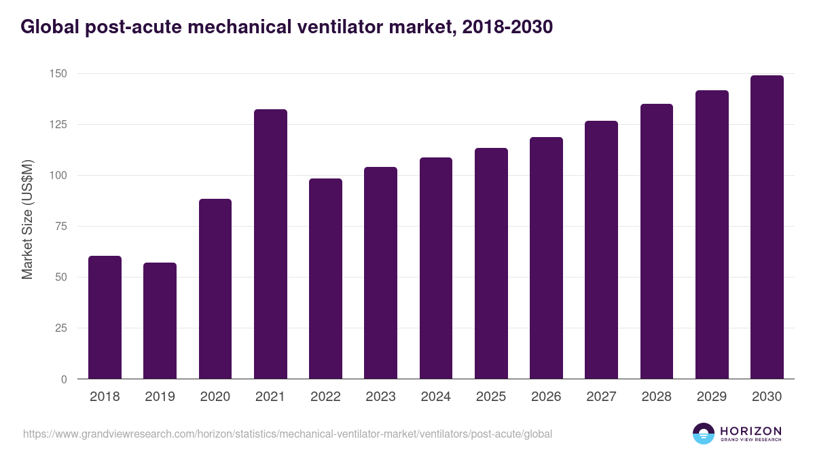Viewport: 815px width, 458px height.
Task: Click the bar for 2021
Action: point(270,244)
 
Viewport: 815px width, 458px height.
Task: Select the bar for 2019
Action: point(160,321)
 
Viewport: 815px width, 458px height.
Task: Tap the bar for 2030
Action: point(767,227)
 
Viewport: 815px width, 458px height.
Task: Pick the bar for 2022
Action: point(325,279)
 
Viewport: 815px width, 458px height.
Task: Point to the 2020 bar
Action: point(215,289)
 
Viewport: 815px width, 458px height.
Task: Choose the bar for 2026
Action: point(546,258)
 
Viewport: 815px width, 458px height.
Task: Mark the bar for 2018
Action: point(105,318)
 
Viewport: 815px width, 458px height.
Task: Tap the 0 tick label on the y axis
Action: point(64,379)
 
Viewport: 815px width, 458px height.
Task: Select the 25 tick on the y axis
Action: point(61,328)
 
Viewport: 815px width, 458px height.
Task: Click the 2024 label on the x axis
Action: point(435,397)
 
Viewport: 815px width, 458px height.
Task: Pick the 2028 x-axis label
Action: point(656,397)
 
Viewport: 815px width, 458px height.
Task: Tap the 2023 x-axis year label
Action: point(380,397)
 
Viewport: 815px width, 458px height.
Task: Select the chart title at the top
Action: point(286,27)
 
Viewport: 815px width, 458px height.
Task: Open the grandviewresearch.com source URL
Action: point(287,434)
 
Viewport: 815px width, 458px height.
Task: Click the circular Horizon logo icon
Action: point(704,434)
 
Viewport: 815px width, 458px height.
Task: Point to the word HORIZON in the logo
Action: point(750,431)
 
